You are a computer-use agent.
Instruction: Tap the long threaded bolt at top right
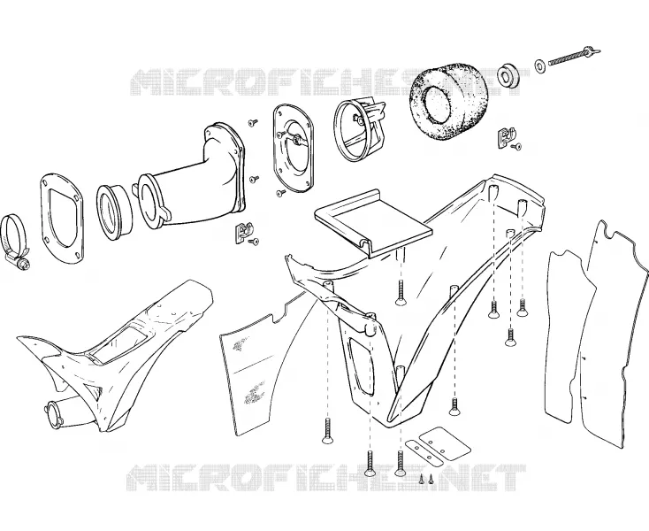(574, 57)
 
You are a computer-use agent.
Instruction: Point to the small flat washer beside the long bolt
(539, 66)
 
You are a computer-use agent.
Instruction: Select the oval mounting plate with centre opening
(293, 149)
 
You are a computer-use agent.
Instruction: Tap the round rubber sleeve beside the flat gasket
(115, 212)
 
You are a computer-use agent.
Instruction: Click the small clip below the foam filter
(507, 137)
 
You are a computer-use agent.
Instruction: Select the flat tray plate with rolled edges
(375, 224)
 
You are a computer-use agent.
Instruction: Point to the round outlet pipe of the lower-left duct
(54, 412)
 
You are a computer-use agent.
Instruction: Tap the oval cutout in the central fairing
(361, 365)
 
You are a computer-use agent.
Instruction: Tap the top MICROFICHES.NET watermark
(329, 83)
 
